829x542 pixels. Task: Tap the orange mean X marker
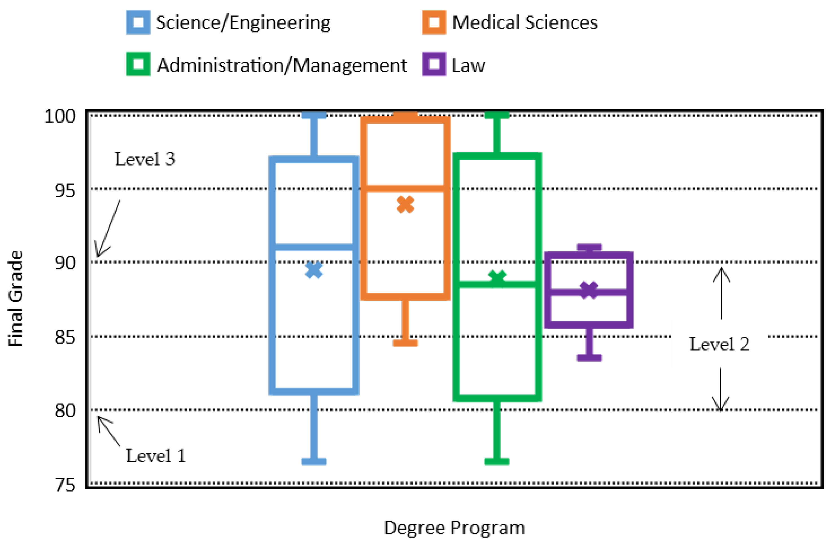tap(405, 204)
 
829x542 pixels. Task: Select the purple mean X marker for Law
tap(589, 290)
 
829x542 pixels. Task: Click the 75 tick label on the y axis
tap(65, 485)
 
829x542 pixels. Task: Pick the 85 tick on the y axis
tap(65, 337)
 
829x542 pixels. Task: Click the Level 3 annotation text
tap(145, 160)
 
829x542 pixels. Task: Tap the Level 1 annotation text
tap(156, 456)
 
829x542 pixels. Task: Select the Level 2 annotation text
tap(719, 344)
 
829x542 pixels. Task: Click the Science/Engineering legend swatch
tap(138, 23)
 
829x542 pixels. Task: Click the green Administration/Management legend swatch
tap(138, 64)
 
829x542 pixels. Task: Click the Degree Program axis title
tap(454, 528)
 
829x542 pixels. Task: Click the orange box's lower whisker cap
tap(405, 343)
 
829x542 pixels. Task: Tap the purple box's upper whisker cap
tap(589, 247)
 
